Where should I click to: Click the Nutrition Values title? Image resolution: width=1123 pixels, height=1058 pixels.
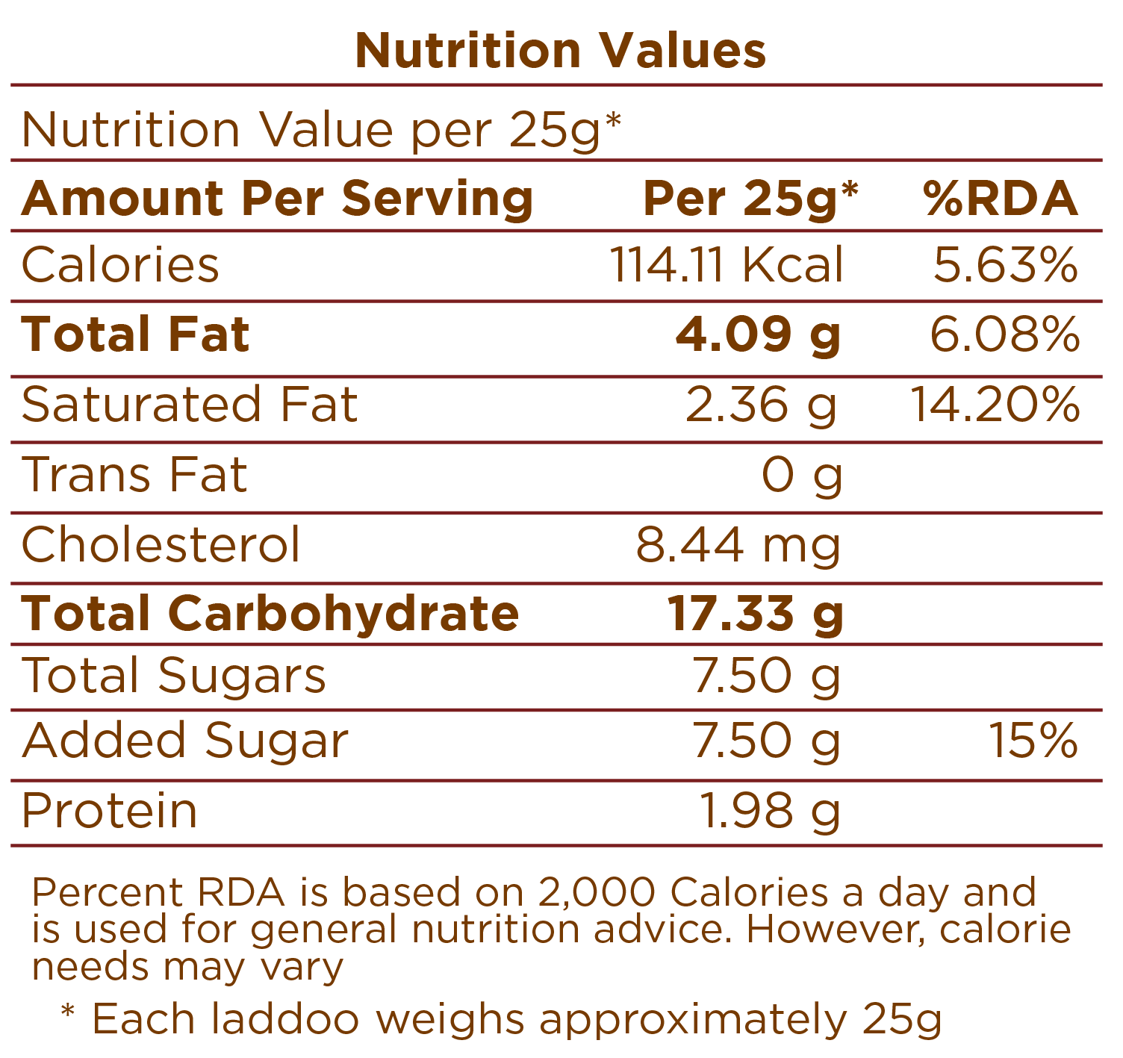(x=561, y=51)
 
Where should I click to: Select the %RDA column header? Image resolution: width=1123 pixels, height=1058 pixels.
(x=1001, y=199)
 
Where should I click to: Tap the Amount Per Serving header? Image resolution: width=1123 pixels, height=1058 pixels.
(x=277, y=199)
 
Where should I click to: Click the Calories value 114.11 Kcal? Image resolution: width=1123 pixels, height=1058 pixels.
(x=727, y=265)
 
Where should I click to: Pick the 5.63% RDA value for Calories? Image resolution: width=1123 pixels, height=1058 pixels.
(x=1005, y=265)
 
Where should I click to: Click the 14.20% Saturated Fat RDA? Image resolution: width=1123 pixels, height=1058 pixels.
(x=995, y=405)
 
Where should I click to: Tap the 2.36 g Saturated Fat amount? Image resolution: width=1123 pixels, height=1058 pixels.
(x=761, y=405)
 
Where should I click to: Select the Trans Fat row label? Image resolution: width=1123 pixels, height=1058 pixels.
(x=134, y=474)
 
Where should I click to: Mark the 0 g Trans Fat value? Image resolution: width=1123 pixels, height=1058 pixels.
(x=802, y=475)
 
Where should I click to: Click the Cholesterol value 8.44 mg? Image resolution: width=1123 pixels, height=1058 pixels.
(x=738, y=545)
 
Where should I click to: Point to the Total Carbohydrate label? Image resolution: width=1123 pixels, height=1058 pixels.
(x=270, y=614)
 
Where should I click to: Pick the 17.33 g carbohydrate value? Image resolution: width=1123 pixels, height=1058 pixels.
(x=755, y=614)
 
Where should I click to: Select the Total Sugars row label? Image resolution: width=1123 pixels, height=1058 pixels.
(x=174, y=676)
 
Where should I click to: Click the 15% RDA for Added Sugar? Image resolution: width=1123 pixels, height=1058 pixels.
(x=1033, y=741)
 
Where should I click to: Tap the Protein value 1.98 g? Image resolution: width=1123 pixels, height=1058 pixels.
(x=770, y=811)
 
